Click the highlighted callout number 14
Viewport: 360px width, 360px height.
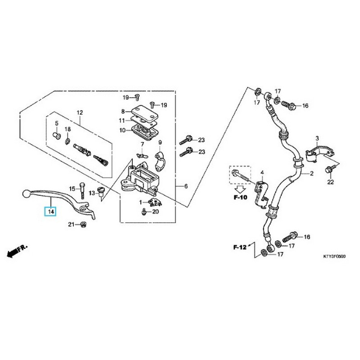tap(50, 211)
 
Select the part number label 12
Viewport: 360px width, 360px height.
tap(80, 112)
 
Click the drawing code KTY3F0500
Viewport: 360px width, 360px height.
tap(334, 256)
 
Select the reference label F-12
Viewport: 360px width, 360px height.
tap(240, 247)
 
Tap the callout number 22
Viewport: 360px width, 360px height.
tap(331, 182)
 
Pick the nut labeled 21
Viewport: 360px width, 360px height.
tap(83, 225)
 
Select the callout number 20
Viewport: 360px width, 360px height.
tap(156, 211)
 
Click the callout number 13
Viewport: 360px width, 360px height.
tap(91, 193)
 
